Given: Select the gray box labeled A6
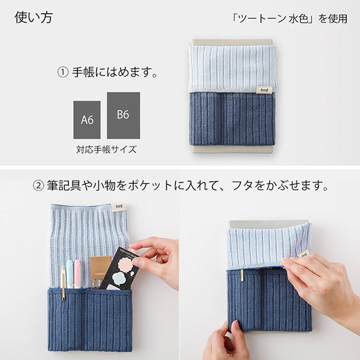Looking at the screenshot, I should pos(87,119).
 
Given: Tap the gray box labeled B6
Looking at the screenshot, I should pos(123,115).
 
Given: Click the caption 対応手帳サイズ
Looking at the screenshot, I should pos(106,149).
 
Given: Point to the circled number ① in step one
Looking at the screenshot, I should pos(62,73).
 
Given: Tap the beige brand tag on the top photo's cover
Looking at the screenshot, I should pos(263,89).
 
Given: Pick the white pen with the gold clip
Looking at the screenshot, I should pos(62,282).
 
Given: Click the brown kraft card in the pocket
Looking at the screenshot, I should pos(100,268).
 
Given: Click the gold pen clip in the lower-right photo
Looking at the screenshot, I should pos(242,275).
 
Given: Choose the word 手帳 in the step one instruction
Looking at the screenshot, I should pos(84,73).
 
